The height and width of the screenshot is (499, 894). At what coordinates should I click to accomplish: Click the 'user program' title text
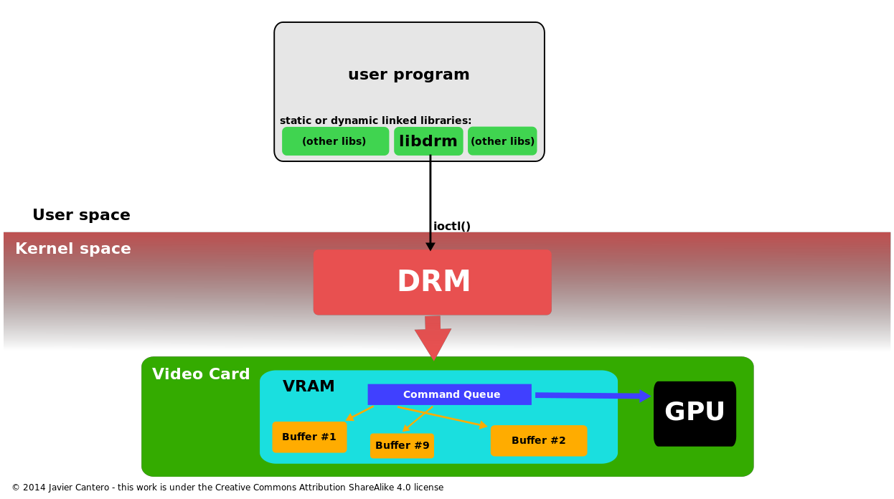408,75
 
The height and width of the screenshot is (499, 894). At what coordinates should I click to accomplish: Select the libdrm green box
428,141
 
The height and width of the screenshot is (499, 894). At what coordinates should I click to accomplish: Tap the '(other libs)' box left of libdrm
335,141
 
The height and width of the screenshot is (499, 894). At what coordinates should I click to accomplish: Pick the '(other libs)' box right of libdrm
502,141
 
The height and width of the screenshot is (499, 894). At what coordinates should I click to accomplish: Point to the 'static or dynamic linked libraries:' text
375,121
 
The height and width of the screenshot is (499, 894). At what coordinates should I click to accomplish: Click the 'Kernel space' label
73,249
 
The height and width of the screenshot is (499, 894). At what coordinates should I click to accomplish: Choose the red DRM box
432,282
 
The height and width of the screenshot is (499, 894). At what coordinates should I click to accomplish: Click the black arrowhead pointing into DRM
430,246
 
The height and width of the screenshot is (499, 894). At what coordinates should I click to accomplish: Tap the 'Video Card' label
201,375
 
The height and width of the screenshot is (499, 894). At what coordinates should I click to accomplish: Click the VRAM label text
309,387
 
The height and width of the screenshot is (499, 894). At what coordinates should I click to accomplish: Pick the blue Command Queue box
450,394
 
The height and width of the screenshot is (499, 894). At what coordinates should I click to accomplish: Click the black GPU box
695,414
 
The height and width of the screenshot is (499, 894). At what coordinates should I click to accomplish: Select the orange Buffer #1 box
309,437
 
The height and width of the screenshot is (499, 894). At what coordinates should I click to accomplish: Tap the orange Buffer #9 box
402,446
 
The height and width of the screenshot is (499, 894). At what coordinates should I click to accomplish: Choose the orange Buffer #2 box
539,441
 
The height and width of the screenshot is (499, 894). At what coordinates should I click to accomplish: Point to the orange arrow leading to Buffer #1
360,413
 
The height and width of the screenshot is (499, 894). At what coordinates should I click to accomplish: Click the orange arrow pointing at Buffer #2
445,417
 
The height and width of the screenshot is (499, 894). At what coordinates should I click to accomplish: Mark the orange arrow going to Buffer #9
418,419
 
